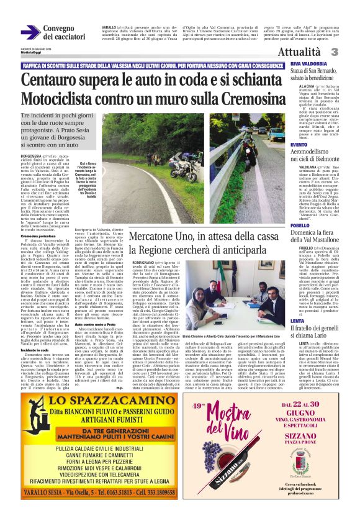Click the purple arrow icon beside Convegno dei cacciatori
30,32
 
